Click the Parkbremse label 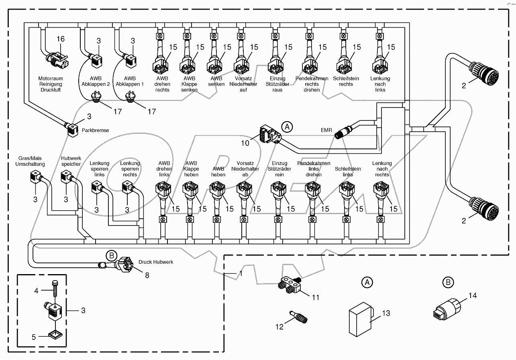click(95, 130)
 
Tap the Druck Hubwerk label click(156, 262)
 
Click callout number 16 click(60, 39)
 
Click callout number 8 click(147, 276)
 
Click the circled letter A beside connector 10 click(287, 127)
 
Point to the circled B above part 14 click(448, 283)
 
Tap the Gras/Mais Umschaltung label click(30, 161)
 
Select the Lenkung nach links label click(380, 84)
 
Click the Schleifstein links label click(348, 172)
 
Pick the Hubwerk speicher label click(71, 161)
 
